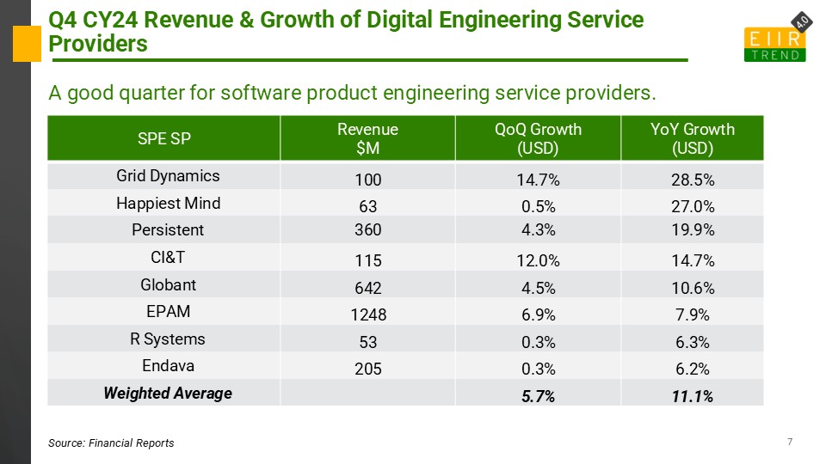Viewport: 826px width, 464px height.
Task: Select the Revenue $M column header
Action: pos(367,137)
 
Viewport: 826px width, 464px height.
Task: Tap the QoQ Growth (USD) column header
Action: pos(538,137)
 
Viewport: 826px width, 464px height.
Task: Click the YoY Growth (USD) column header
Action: pos(692,137)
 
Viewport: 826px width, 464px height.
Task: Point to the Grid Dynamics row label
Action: pos(168,176)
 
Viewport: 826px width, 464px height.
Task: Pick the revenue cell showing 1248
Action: pos(367,314)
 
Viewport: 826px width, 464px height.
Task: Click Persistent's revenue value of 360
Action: pos(367,232)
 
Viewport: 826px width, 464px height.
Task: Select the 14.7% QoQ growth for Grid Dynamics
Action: pos(538,180)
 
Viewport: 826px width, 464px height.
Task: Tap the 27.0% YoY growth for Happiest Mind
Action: pos(692,207)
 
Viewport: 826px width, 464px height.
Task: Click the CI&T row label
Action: pos(168,258)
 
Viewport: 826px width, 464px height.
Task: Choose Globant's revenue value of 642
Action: pos(367,287)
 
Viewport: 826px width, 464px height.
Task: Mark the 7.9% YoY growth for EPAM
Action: pos(692,314)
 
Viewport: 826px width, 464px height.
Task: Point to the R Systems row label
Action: pos(168,339)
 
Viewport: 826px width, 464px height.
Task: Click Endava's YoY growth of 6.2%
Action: pos(692,369)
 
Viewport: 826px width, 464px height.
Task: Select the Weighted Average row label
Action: pos(168,394)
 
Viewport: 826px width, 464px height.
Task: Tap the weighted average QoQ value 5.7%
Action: pos(538,396)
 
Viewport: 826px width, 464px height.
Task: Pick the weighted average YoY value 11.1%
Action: pos(692,396)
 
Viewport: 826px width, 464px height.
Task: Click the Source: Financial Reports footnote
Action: pos(111,443)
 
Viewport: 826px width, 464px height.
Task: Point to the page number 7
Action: pos(789,442)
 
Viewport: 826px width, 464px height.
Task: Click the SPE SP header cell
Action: pos(164,138)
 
